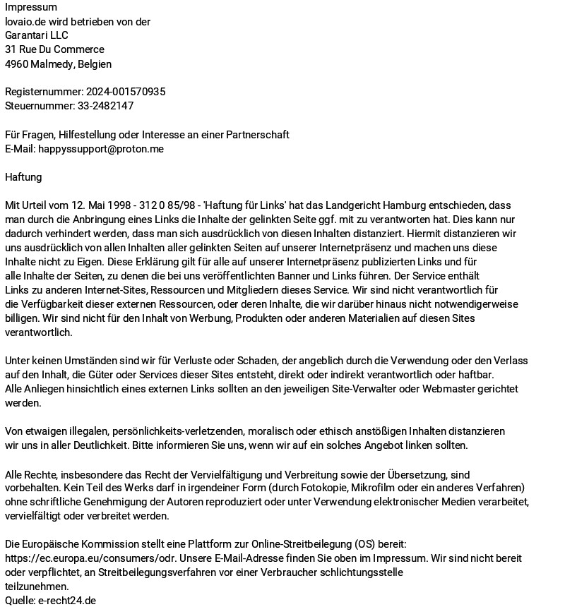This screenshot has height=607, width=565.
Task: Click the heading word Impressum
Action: click(x=31, y=7)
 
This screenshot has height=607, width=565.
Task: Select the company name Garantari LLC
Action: click(x=37, y=35)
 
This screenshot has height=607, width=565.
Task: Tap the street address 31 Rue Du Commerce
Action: click(x=54, y=49)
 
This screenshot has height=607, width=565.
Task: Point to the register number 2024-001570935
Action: click(x=126, y=92)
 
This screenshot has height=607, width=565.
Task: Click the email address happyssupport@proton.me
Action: click(x=101, y=149)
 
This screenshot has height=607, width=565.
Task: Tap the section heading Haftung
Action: click(x=23, y=177)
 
